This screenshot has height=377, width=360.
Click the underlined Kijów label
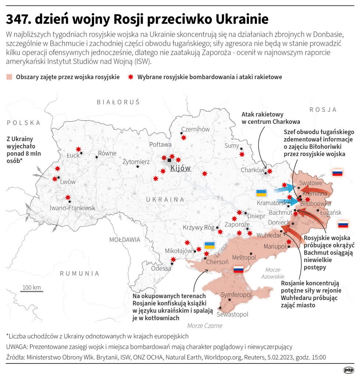[181, 168]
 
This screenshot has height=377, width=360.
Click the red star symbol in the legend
[130, 77]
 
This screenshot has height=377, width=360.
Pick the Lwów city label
[68, 182]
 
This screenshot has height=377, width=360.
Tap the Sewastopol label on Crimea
[232, 314]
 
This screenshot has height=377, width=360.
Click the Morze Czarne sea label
[205, 325]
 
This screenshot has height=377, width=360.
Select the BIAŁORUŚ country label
[118, 102]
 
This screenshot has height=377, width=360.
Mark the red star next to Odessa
[173, 260]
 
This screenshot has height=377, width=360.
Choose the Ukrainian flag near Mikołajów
[210, 245]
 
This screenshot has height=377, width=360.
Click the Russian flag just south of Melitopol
[239, 269]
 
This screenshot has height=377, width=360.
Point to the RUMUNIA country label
[79, 273]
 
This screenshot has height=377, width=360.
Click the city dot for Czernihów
[181, 133]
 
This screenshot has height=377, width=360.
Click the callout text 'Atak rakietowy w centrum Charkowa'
[271, 118]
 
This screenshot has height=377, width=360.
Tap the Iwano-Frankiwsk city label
[72, 208]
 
